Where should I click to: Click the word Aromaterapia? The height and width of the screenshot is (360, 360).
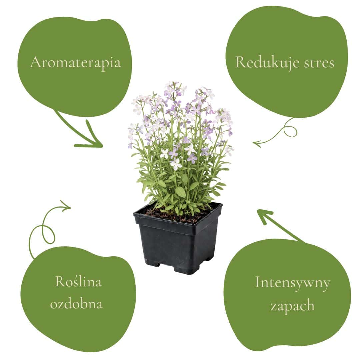click(x=75, y=62)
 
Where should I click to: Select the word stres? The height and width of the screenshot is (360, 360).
click(x=319, y=63)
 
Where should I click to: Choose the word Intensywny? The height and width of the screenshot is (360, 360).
click(x=292, y=283)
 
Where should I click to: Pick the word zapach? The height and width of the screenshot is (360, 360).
click(x=292, y=305)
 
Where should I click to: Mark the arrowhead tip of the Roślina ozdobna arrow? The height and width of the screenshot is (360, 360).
click(x=70, y=208)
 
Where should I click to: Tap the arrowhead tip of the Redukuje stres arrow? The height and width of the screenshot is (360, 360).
click(x=253, y=143)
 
